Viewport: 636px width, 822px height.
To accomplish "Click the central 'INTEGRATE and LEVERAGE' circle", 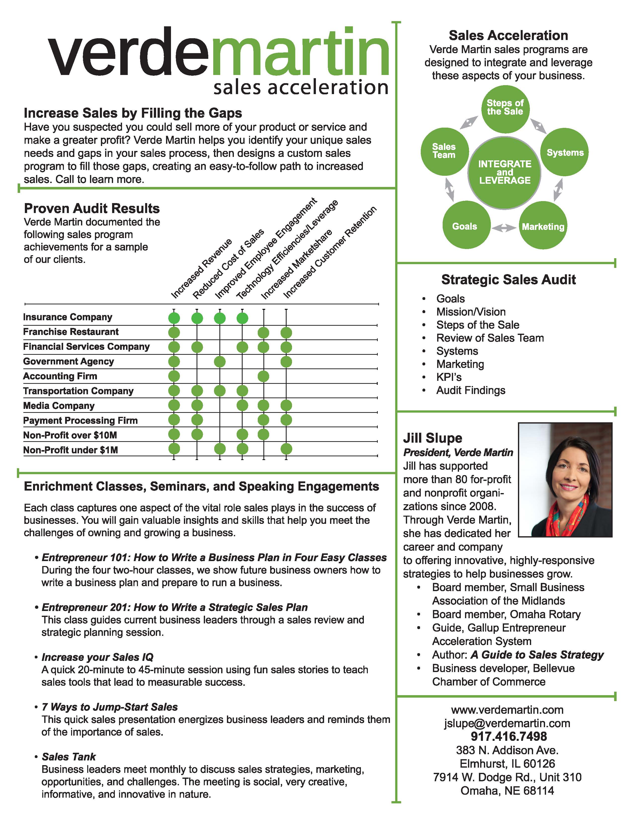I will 505,172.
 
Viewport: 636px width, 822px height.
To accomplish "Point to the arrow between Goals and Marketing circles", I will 504,227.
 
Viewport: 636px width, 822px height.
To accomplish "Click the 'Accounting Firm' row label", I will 60,376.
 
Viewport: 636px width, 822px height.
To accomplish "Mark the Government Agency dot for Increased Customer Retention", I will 286,362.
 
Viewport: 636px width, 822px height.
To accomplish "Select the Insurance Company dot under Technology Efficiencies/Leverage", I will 242,318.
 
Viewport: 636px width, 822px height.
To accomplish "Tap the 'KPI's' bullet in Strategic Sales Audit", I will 449,377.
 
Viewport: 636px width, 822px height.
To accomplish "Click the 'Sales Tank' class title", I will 69,756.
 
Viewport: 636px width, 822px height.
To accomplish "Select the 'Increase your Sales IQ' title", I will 98,657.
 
